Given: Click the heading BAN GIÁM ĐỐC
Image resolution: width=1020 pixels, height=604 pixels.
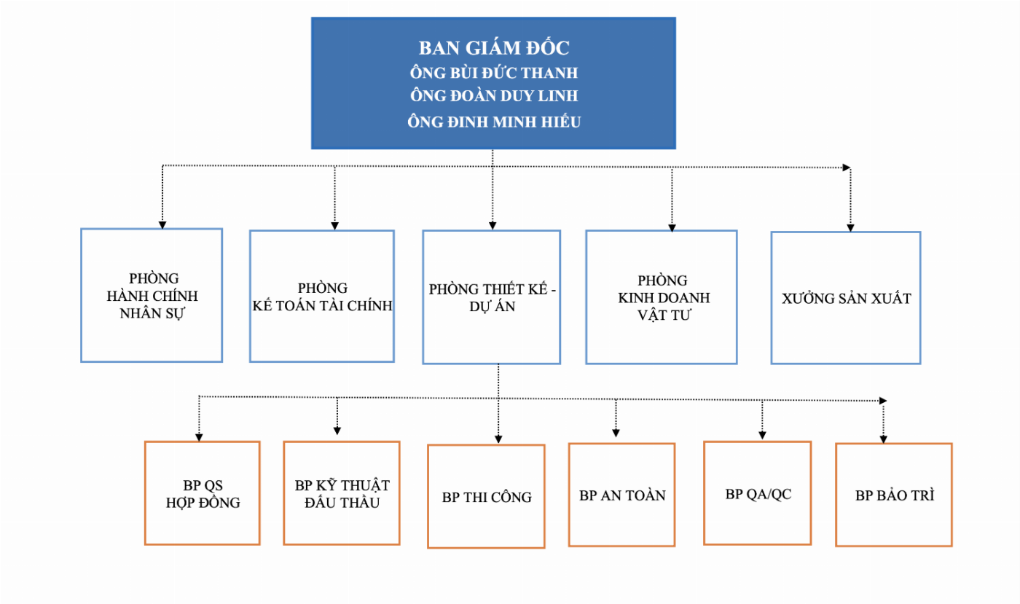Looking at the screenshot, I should (x=493, y=48).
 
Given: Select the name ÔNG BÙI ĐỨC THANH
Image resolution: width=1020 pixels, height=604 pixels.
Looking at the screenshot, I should (x=493, y=74).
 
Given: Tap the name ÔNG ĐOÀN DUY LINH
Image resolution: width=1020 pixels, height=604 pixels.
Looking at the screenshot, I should (x=493, y=97).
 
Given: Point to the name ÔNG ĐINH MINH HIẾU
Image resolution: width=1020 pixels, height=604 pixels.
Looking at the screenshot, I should (x=493, y=122).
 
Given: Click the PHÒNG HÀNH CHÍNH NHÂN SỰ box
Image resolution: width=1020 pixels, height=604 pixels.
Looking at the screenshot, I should (x=152, y=296).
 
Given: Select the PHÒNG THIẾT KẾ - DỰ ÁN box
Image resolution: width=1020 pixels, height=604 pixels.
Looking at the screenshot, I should (x=492, y=297).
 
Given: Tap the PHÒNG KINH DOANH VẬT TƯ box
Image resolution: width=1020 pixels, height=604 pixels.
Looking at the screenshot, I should (x=662, y=297).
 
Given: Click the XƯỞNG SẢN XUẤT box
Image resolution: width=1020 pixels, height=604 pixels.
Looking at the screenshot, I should (x=846, y=298).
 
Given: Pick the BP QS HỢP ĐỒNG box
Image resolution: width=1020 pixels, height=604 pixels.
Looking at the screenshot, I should (x=203, y=493).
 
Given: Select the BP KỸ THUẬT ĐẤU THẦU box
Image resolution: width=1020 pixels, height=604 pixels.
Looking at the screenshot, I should (x=342, y=493).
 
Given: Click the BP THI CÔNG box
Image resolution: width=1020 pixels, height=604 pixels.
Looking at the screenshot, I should (x=486, y=497).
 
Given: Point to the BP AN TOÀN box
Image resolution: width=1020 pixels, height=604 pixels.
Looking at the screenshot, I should (x=622, y=495).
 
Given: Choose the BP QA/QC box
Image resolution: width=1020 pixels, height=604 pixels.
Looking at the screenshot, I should (x=758, y=493).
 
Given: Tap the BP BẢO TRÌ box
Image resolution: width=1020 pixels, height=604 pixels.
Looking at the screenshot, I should (x=894, y=495).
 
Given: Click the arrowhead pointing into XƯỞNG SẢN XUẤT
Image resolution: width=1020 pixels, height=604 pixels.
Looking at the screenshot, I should (x=850, y=227).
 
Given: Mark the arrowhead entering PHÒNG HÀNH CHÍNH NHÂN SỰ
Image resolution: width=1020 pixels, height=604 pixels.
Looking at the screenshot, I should (x=162, y=224).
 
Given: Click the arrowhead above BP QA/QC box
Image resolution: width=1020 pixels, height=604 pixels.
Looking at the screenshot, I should (x=762, y=436).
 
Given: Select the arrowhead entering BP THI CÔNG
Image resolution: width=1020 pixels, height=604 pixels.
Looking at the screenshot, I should (x=498, y=439).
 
